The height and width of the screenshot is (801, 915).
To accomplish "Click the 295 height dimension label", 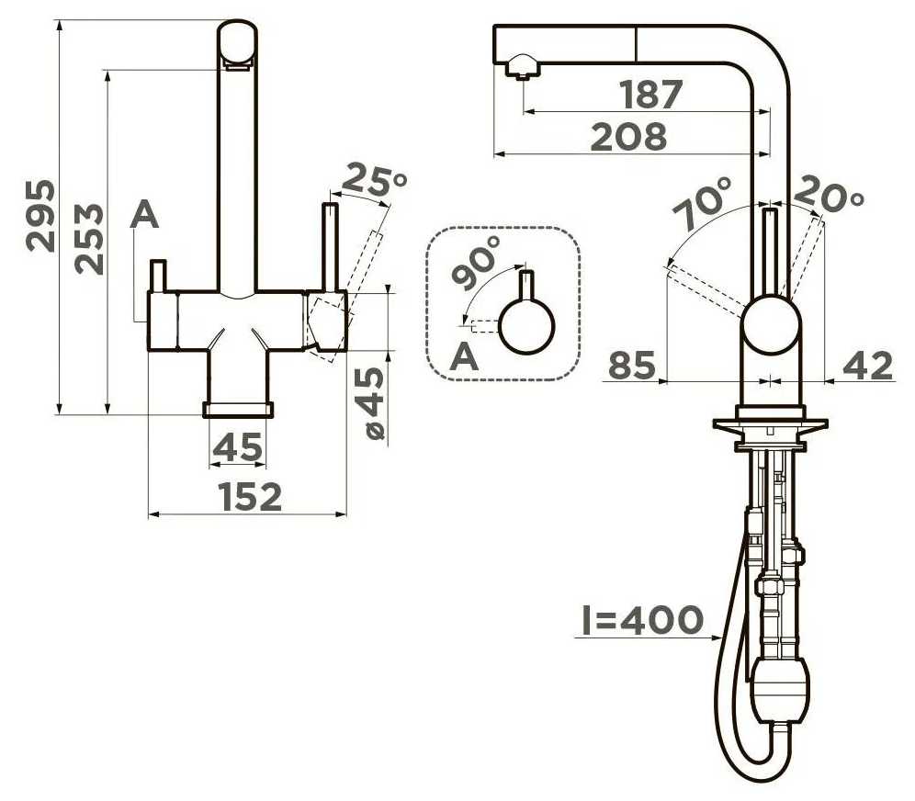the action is coord(41,217).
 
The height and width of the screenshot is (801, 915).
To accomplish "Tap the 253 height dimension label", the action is coord(89,239).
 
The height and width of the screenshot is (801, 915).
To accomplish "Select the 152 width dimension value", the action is coord(251,497).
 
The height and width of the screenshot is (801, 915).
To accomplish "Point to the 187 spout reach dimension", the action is coord(650,95).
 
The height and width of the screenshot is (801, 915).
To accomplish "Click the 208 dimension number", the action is coord(628,137).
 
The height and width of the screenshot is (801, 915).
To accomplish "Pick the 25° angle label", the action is coord(375,180).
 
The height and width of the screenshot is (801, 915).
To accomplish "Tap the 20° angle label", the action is coord(829,193).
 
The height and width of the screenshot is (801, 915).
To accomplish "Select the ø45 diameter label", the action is coord(374,403).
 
